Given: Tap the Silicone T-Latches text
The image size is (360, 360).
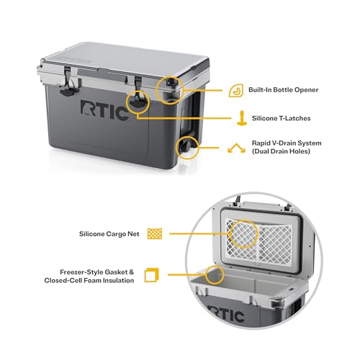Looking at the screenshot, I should pos(282,116).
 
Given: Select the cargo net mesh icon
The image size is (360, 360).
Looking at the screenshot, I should pos(153,233).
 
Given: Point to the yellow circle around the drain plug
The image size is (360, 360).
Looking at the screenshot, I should pos(190,147).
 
